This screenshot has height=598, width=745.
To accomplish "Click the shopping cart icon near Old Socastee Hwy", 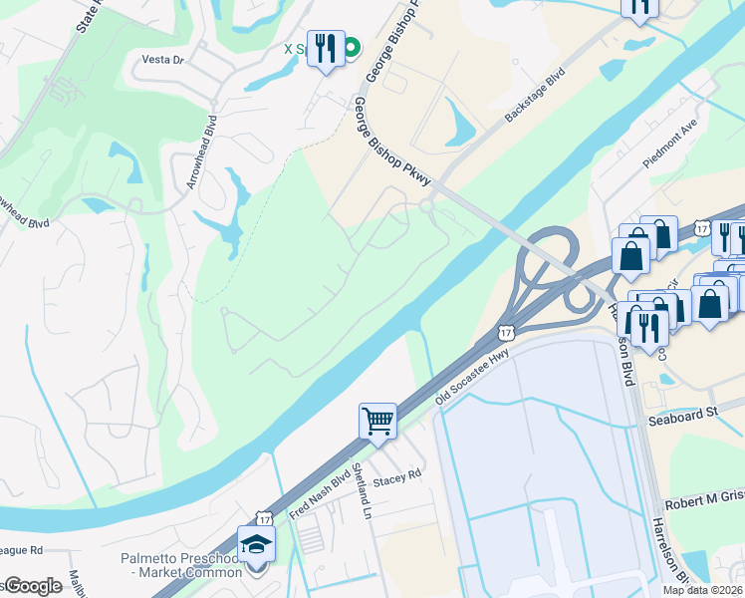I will [x=378, y=421].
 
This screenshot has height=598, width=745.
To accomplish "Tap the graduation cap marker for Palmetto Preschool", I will [x=256, y=544].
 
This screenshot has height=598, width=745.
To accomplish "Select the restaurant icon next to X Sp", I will [x=325, y=48].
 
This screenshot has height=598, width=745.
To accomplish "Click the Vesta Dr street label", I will [x=164, y=60].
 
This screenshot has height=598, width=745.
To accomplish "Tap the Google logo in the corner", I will [x=32, y=586].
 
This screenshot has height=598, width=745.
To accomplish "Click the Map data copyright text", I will [x=701, y=590].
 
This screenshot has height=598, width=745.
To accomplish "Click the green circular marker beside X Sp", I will [x=352, y=47].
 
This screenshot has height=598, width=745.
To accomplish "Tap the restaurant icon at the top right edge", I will [x=639, y=6].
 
